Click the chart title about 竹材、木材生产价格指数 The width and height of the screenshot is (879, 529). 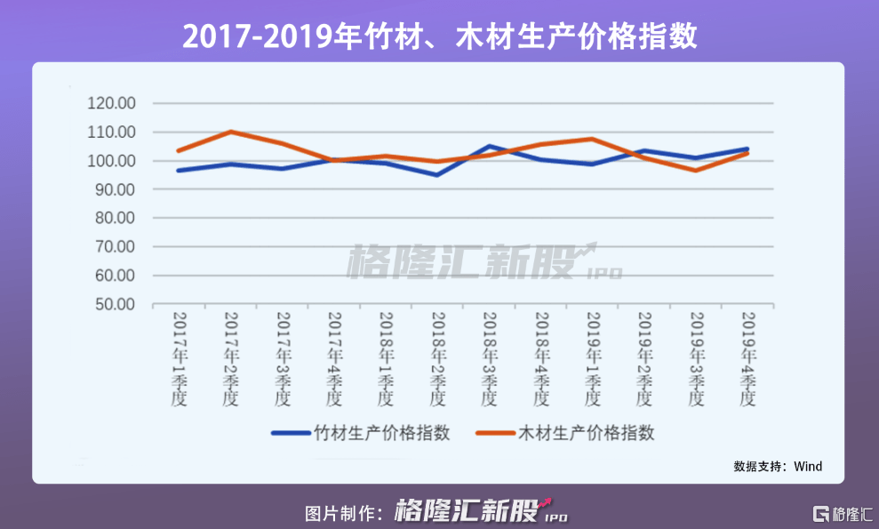[x=439, y=36]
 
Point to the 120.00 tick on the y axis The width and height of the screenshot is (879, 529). [x=112, y=103]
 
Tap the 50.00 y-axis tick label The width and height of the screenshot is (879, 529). [x=112, y=304]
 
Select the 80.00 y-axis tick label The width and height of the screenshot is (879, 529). [x=112, y=218]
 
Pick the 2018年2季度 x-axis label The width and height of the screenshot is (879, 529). [x=437, y=359]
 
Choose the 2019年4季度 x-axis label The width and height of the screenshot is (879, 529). [x=747, y=359]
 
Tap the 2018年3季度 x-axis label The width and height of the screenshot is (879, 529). [x=489, y=359]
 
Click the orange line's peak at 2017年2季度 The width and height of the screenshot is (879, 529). [x=230, y=132]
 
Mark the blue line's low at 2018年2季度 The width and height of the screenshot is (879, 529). [x=437, y=174]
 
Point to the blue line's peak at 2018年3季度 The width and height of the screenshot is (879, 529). [x=489, y=146]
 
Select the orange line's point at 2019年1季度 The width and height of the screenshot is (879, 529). [x=592, y=139]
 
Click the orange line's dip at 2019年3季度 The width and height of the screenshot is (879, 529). [x=695, y=170]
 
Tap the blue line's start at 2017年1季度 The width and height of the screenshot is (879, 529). [x=179, y=170]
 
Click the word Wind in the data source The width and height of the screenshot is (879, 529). [x=808, y=466]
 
